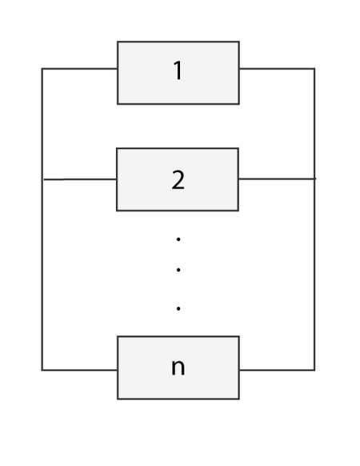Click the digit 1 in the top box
click(178, 70)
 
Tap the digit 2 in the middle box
click(178, 180)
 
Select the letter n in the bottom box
click(178, 368)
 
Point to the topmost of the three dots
click(178, 239)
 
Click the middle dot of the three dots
click(178, 270)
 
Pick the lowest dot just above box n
click(178, 308)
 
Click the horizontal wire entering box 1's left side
click(80, 69)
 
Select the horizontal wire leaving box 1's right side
click(277, 69)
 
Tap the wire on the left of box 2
click(80, 179)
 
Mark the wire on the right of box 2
click(277, 179)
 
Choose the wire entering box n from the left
click(80, 370)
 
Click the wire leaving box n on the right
click(277, 370)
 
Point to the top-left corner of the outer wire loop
click(42, 69)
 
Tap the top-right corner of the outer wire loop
click(314, 69)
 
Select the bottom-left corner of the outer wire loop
click(42, 370)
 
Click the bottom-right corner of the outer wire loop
click(314, 370)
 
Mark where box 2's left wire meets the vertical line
click(42, 179)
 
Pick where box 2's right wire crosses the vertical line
click(314, 179)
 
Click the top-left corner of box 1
click(118, 42)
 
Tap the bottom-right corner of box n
click(239, 399)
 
